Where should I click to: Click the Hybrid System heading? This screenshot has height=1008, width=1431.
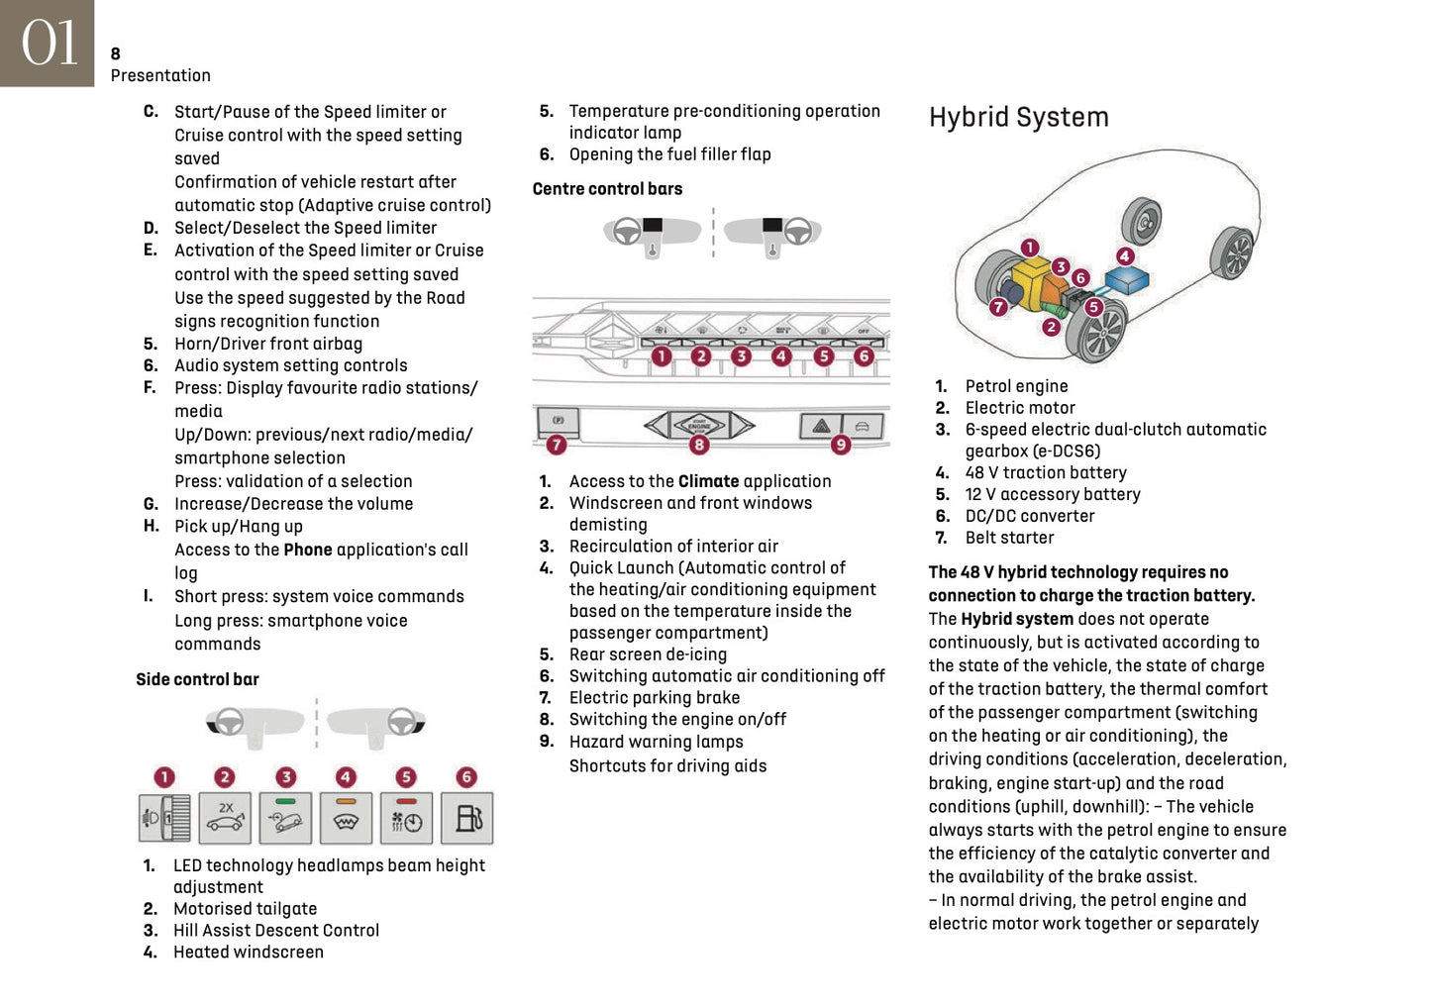pyautogui.click(x=1018, y=117)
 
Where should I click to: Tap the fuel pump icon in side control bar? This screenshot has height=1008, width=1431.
pyautogui.click(x=467, y=818)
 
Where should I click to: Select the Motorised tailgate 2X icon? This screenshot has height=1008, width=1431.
pyautogui.click(x=225, y=818)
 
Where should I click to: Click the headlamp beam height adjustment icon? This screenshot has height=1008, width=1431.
pyautogui.click(x=164, y=818)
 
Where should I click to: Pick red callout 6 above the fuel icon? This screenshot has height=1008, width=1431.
pyautogui.click(x=466, y=777)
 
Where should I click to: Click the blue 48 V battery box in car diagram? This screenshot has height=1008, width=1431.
pyautogui.click(x=1126, y=280)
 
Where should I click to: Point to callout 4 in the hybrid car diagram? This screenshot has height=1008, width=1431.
pyautogui.click(x=1125, y=256)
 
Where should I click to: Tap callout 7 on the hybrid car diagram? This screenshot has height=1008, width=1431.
pyautogui.click(x=998, y=307)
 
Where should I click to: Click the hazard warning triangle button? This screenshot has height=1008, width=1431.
pyautogui.click(x=821, y=427)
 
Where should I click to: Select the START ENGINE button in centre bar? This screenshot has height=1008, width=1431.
pyautogui.click(x=699, y=426)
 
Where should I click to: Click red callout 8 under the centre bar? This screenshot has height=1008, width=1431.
pyautogui.click(x=699, y=446)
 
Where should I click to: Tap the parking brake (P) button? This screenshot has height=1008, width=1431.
pyautogui.click(x=558, y=422)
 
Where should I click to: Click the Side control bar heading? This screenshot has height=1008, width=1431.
pyautogui.click(x=197, y=679)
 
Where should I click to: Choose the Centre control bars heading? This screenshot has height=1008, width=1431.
pyautogui.click(x=607, y=189)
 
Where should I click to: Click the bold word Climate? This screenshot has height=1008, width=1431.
pyautogui.click(x=708, y=481)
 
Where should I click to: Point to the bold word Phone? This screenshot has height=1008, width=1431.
pyautogui.click(x=307, y=550)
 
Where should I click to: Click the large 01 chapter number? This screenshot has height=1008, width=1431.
pyautogui.click(x=48, y=44)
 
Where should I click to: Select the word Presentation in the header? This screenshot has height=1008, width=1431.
pyautogui.click(x=160, y=75)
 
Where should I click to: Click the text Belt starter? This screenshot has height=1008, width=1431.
pyautogui.click(x=1009, y=538)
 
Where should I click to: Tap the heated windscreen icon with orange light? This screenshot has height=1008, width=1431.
pyautogui.click(x=346, y=818)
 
